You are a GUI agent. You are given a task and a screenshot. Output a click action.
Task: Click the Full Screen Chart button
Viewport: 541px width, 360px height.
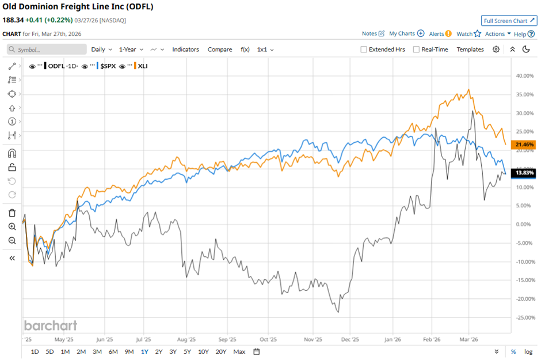tap(509, 21)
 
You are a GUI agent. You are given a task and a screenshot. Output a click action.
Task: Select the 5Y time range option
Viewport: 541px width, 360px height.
tap(188, 351)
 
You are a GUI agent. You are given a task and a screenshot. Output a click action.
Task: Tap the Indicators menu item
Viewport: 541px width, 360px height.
tap(185, 50)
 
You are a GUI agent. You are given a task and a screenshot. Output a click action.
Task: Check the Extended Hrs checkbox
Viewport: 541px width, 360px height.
tap(364, 50)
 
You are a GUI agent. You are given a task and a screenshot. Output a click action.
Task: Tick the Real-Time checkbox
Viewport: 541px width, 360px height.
tap(417, 50)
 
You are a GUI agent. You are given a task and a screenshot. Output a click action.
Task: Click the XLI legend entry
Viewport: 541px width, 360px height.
tap(143, 66)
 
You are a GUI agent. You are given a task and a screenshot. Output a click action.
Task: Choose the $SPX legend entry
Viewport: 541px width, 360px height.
tap(108, 66)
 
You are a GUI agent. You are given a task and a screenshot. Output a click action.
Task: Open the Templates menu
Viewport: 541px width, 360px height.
tap(470, 50)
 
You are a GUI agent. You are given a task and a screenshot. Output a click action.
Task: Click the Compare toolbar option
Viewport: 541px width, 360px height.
tap(220, 50)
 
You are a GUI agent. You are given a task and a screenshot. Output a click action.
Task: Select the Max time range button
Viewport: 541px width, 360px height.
tap(239, 351)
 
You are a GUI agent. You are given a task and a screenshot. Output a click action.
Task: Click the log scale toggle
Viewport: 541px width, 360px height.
tap(528, 351)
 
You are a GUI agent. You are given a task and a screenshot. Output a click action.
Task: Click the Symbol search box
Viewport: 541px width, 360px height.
tap(47, 50)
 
